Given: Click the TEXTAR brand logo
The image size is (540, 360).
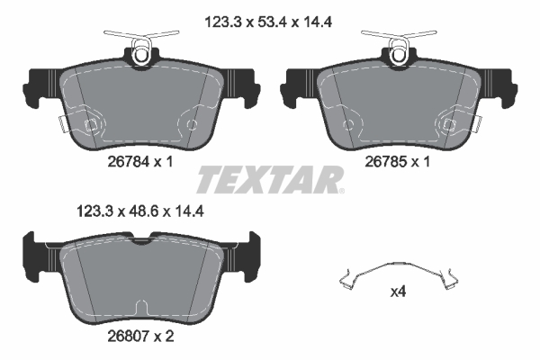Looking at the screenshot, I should pyautogui.click(x=270, y=180).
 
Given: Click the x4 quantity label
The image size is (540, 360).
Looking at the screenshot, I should pyautogui.click(x=397, y=292).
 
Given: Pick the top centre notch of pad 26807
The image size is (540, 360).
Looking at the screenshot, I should pyautogui.click(x=141, y=239).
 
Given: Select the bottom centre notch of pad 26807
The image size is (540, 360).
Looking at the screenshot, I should pyautogui.click(x=141, y=306).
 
